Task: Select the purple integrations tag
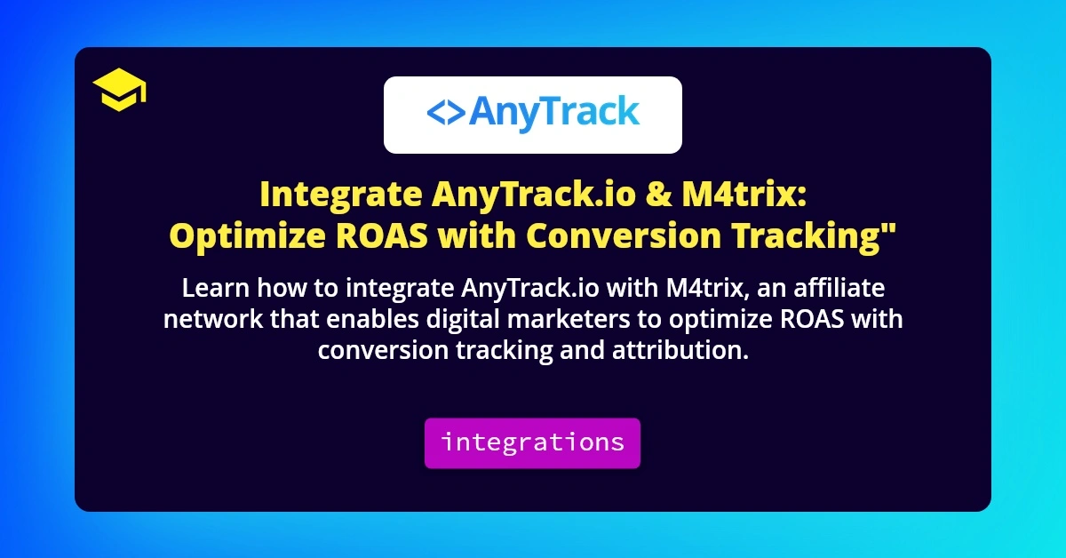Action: click(x=532, y=442)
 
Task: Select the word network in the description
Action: click(x=209, y=319)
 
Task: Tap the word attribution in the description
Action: click(x=680, y=350)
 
